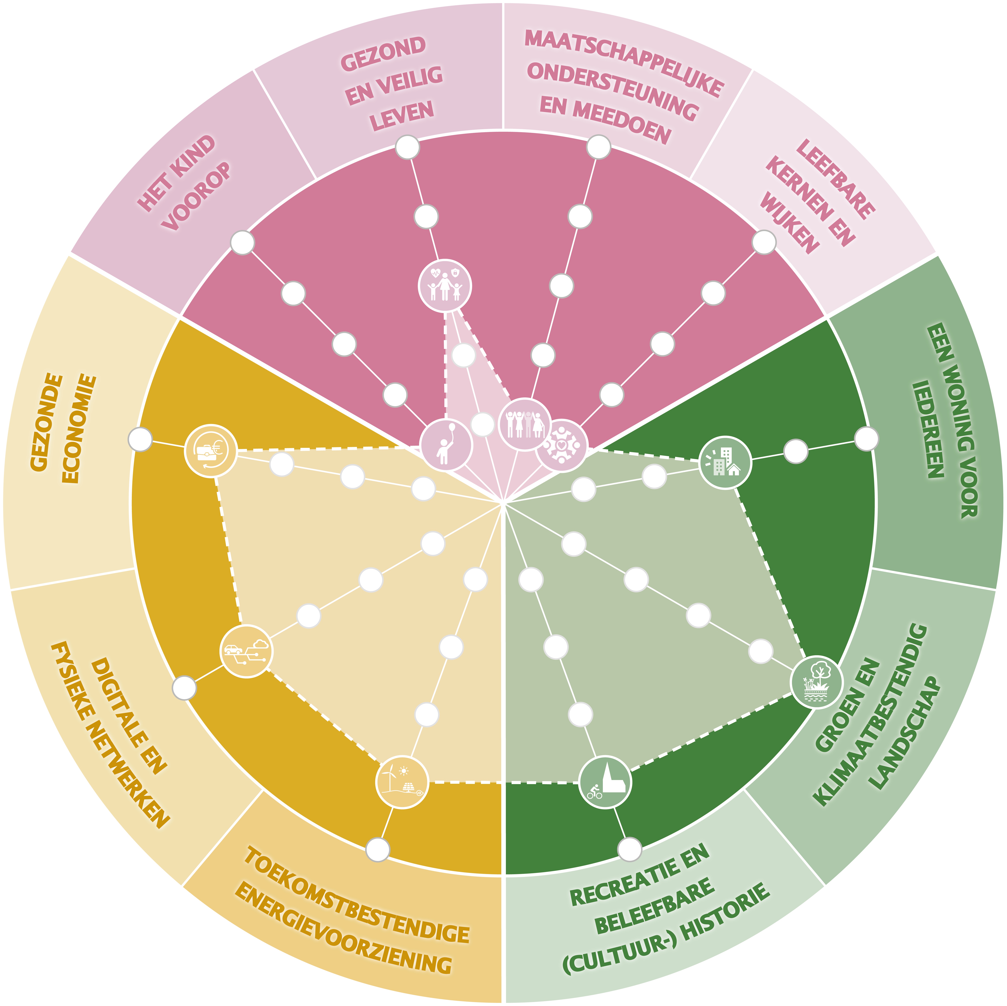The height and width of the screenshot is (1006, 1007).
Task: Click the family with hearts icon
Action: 445,285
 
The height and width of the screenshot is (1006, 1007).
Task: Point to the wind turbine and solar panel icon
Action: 402,782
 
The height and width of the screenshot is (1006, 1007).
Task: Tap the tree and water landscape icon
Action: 816,681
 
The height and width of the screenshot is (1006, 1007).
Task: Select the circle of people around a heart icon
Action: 561,445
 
